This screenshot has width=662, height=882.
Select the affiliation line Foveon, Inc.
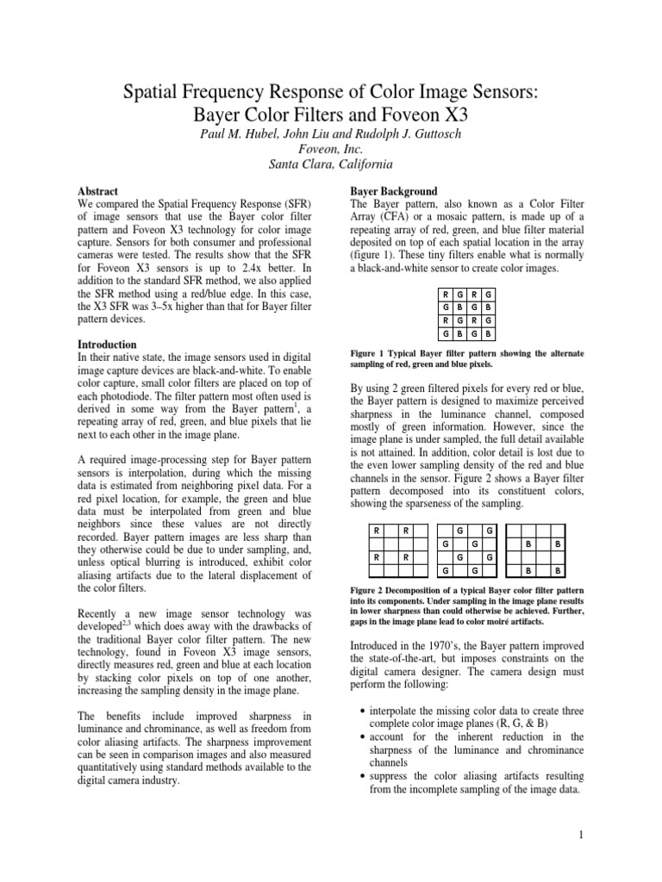[330, 148]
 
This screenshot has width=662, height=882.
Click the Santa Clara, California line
[330, 164]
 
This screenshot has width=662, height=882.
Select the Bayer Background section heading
[393, 190]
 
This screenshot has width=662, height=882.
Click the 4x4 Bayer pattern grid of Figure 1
[465, 314]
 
